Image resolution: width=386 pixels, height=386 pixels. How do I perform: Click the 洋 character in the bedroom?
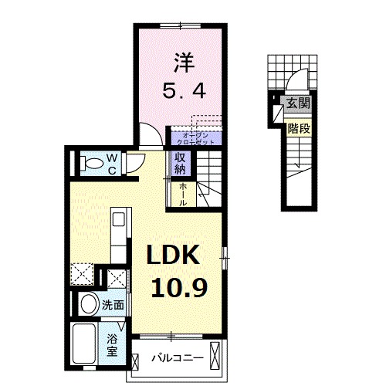pos(182,60)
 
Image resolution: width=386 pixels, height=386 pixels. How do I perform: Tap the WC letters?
pos(111,163)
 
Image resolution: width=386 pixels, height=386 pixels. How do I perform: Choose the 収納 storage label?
pos(180,163)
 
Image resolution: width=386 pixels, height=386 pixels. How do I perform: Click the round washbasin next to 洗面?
pos(87,303)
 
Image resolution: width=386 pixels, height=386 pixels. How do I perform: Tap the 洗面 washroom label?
pos(113,305)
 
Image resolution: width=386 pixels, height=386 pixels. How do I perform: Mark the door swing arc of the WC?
pos(135,163)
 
